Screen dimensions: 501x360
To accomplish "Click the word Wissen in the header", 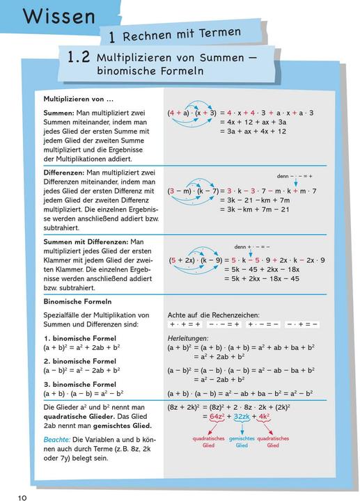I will coord(59,17).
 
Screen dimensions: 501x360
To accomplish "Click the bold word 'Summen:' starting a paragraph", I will coord(59,113).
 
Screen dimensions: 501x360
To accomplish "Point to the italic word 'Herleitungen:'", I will coord(189,337).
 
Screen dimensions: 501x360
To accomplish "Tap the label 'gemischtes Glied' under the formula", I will coord(242,443).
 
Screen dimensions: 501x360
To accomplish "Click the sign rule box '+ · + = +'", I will coord(185,324).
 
